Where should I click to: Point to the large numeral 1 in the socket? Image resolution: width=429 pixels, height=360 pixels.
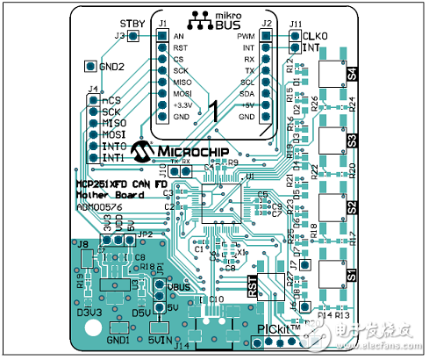coord(212,109)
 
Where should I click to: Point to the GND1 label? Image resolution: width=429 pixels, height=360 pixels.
coord(118,339)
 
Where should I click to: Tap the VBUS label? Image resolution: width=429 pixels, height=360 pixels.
coord(179,287)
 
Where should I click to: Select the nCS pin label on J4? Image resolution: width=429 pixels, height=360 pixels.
coord(111,100)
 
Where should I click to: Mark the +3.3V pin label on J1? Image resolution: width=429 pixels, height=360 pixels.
coord(182,104)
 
